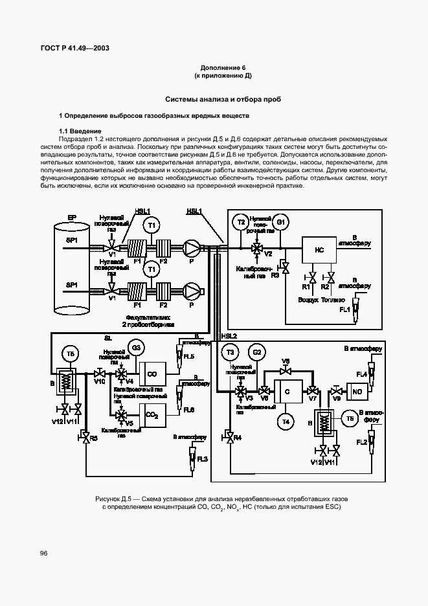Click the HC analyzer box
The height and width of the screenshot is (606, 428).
(319, 249)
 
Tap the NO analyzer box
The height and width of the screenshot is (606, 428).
(357, 391)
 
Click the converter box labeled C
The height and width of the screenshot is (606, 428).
(286, 391)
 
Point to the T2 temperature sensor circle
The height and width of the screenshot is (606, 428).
(241, 222)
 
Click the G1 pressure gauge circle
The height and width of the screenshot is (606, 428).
(280, 222)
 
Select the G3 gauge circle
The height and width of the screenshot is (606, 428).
(136, 348)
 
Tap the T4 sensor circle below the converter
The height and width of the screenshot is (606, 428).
(286, 421)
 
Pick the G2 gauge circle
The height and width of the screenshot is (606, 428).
(257, 352)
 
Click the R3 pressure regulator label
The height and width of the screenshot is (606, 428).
(275, 275)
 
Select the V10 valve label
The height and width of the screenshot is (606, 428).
(100, 382)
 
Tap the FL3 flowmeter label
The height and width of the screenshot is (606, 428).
(202, 459)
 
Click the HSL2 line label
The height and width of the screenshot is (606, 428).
(229, 336)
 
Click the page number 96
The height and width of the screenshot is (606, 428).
(43, 553)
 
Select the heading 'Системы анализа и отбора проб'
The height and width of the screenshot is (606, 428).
(223, 100)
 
